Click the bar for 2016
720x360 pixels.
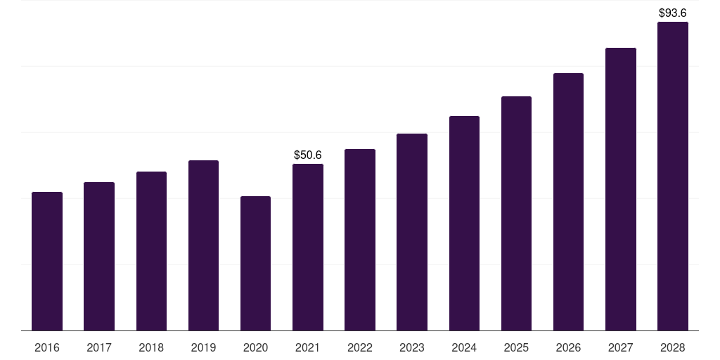(47, 261)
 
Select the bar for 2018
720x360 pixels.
(151, 251)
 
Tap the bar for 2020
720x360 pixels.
(255, 263)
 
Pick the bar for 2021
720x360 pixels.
(308, 247)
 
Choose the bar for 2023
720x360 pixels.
(412, 232)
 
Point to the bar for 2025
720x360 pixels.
(516, 213)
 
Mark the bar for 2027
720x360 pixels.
(620, 189)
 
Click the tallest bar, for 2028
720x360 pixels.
(673, 176)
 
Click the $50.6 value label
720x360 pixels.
(308, 155)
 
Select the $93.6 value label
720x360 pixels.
(673, 13)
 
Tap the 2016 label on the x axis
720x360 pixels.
(47, 347)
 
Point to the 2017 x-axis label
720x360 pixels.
(99, 347)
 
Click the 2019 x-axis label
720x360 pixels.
(203, 347)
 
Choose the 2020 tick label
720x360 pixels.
(255, 347)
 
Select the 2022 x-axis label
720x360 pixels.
(360, 347)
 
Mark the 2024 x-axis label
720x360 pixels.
(464, 347)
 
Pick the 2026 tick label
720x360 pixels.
(568, 347)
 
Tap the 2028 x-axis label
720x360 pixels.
(673, 347)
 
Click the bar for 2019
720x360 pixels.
(203, 245)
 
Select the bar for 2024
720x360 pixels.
(464, 223)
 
